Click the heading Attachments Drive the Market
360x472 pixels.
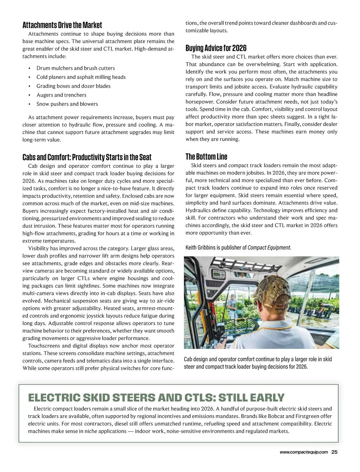tap(62, 25)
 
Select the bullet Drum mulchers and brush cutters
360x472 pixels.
tap(76, 68)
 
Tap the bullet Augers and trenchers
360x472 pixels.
tap(61, 95)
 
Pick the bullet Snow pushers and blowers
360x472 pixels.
tap(67, 104)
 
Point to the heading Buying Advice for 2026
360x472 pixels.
tap(216, 48)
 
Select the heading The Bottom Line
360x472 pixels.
tap(206, 157)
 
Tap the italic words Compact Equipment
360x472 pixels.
tap(269, 248)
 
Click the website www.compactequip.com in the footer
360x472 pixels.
tap(304, 453)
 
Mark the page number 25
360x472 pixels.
tap(334, 453)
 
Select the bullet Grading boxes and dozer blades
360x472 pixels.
tap(73, 86)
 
